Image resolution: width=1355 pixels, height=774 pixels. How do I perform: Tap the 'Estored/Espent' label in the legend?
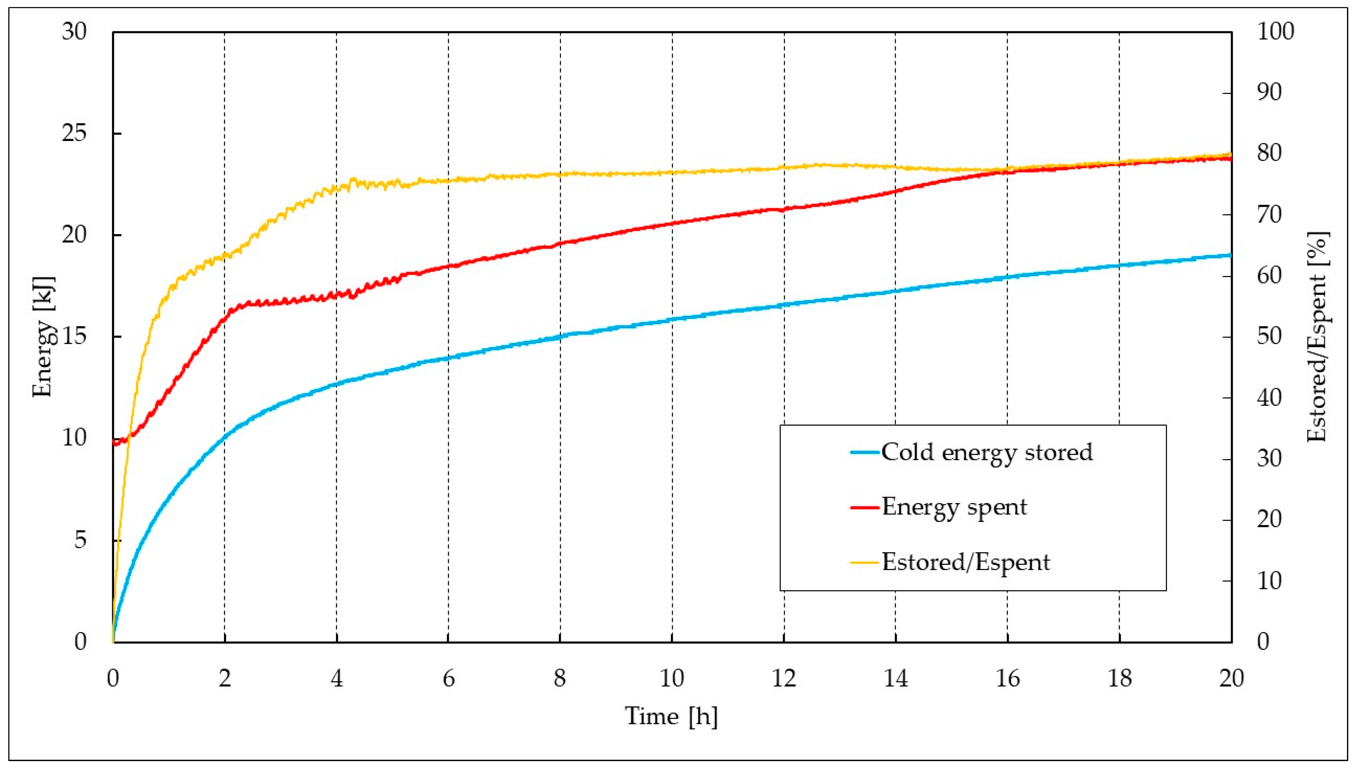coord(966,562)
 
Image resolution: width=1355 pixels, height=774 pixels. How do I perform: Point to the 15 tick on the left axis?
coord(73,337)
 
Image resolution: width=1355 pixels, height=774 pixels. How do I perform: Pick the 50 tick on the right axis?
coord(1269,337)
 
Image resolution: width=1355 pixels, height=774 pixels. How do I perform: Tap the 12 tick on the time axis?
coord(784,679)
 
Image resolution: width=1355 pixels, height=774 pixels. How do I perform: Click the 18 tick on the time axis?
coord(1119,679)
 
